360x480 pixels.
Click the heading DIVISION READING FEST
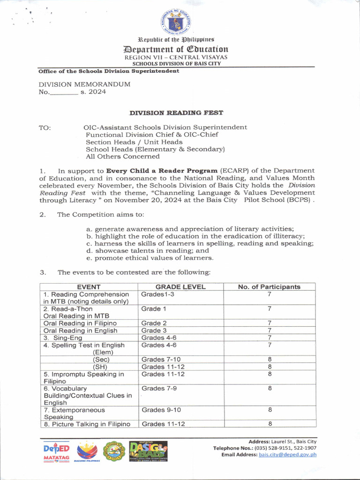pyautogui.click(x=176, y=112)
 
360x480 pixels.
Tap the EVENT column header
pyautogui.click(x=89, y=287)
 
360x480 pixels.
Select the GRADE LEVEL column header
pyautogui.click(x=180, y=287)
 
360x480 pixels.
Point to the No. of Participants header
pyautogui.click(x=269, y=287)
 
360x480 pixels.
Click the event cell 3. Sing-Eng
pyautogui.click(x=63, y=337)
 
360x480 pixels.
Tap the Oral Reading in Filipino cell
pyautogui.click(x=80, y=323)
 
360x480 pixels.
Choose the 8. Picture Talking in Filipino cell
pyautogui.click(x=87, y=424)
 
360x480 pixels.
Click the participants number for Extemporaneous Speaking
pyautogui.click(x=270, y=410)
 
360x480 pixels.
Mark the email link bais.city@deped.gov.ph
pyautogui.click(x=288, y=454)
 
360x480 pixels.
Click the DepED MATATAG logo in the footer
pyautogui.click(x=56, y=451)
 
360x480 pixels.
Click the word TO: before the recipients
pyautogui.click(x=45, y=127)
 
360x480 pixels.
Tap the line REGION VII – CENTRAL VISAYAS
pyautogui.click(x=176, y=57)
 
